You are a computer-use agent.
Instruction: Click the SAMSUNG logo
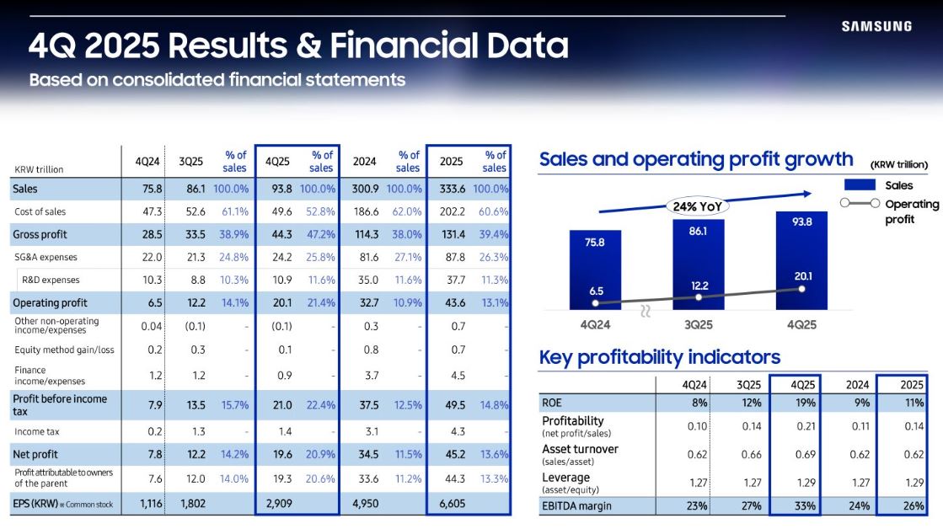click(876, 26)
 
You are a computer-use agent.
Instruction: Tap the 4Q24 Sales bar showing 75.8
click(595, 265)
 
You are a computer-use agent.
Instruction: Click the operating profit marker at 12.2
click(699, 297)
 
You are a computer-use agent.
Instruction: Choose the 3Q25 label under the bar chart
click(699, 323)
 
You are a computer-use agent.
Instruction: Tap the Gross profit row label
click(40, 234)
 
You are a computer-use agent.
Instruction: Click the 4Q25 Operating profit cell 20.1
click(278, 302)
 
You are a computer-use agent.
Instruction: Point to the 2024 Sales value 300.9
click(365, 189)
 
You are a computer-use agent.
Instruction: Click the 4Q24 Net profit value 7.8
click(153, 454)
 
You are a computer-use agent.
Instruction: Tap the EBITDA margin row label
click(576, 506)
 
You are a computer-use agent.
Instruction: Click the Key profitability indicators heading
click(660, 357)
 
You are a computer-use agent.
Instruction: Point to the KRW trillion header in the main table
click(39, 169)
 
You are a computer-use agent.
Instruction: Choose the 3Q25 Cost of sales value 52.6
click(194, 211)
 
